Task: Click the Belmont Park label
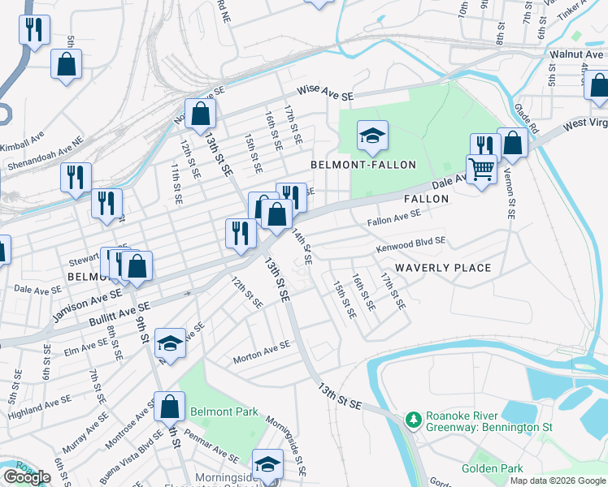224,412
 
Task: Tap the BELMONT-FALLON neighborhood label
363,165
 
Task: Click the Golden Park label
489,468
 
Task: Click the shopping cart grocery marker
481,170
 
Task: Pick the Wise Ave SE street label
325,93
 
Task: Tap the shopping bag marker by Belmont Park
169,406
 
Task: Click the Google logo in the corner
27,478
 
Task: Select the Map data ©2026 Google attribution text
557,481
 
